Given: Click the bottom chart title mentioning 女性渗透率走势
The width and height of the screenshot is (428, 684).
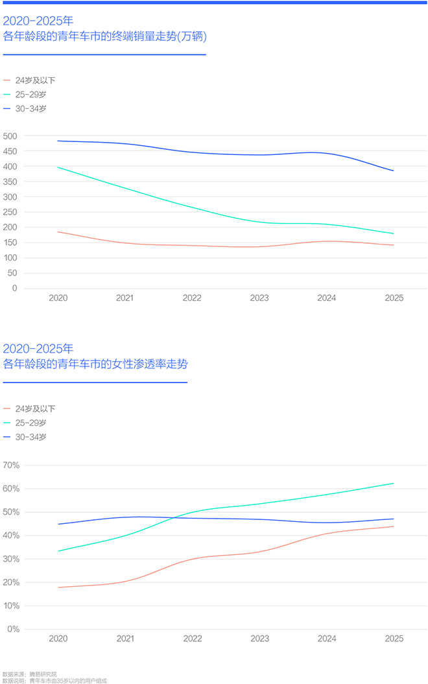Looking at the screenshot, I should pyautogui.click(x=95, y=364).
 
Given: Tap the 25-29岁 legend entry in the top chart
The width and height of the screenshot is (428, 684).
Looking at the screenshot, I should pyautogui.click(x=31, y=95).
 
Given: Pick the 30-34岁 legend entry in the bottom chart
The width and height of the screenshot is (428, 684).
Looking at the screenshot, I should pyautogui.click(x=31, y=437).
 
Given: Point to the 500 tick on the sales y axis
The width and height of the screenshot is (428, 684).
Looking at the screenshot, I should pyautogui.click(x=10, y=136).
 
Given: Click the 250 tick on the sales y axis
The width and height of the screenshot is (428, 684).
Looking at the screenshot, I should pyautogui.click(x=10, y=212).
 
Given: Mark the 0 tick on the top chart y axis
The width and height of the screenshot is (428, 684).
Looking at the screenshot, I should pyautogui.click(x=14, y=289).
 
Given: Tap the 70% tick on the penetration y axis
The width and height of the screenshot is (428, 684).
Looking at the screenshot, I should pyautogui.click(x=11, y=466).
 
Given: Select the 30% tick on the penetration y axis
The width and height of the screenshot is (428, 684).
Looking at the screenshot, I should pyautogui.click(x=11, y=559).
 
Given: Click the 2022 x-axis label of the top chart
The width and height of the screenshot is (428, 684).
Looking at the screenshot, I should pyautogui.click(x=192, y=299).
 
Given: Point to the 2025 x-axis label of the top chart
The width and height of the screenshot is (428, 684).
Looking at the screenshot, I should pyautogui.click(x=394, y=299).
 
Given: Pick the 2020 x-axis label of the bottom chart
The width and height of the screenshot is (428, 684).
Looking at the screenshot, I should pyautogui.click(x=58, y=639).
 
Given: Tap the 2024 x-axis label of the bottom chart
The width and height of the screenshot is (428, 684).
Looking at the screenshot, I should pyautogui.click(x=327, y=639).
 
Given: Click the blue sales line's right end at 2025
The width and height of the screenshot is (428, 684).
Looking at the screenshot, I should pyautogui.click(x=394, y=171).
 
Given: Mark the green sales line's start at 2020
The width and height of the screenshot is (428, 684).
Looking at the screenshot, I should pyautogui.click(x=58, y=167).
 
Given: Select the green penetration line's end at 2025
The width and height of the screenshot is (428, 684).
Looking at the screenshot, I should pyautogui.click(x=394, y=483).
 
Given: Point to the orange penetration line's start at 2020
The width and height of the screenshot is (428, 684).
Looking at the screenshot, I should pyautogui.click(x=58, y=587).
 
